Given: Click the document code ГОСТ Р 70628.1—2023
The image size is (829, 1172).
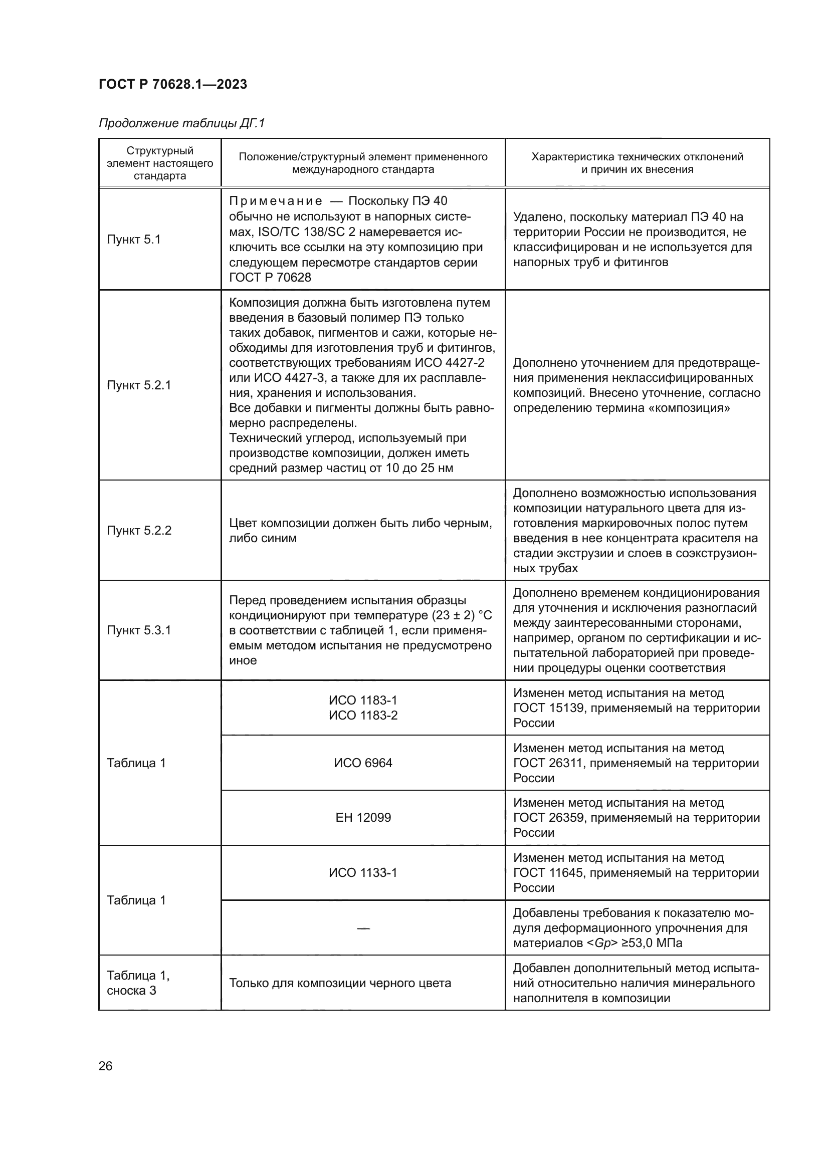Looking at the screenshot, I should coord(172,84).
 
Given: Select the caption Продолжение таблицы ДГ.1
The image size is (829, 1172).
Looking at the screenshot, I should coord(182,123).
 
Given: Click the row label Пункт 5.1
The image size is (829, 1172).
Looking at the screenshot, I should coord(134,240).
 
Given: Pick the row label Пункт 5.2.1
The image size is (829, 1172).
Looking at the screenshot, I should coord(139,385).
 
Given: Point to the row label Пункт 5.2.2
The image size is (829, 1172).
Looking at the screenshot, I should coord(139,530).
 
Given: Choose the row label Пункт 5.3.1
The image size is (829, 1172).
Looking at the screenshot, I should coord(139,630).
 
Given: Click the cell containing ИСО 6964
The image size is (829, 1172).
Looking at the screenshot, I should coord(363,763).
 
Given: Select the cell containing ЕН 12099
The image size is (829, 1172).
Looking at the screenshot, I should coord(363,817).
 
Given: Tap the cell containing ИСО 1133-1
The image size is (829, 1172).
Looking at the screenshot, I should coord(363,872).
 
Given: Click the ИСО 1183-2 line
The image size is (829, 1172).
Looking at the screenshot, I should coord(363,715).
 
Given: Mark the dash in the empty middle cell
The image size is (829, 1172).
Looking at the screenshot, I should coord(363,928).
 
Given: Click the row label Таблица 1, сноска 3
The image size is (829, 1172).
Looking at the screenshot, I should coord(138,983).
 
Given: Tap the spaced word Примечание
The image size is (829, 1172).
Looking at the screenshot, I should coord(276,201).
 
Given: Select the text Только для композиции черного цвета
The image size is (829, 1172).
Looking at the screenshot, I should coord(340,983).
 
